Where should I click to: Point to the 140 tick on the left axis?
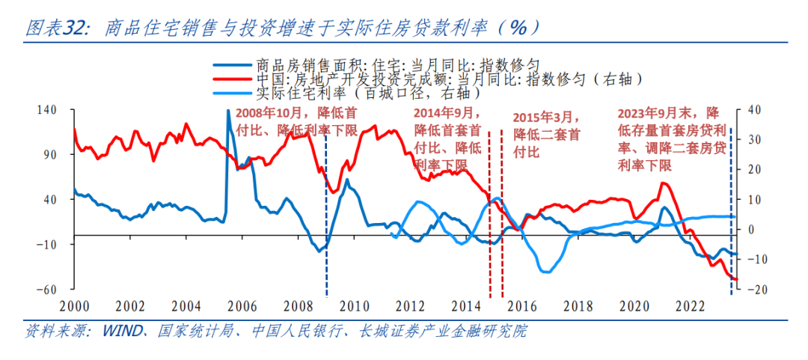coord(47,111)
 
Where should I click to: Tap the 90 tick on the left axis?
coord(49,155)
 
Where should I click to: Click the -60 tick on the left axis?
coord(47,290)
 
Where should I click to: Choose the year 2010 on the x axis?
coord(354,306)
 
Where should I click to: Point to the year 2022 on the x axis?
coord(690,306)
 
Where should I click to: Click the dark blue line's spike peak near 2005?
coord(228,112)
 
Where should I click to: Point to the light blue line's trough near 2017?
coord(546,271)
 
